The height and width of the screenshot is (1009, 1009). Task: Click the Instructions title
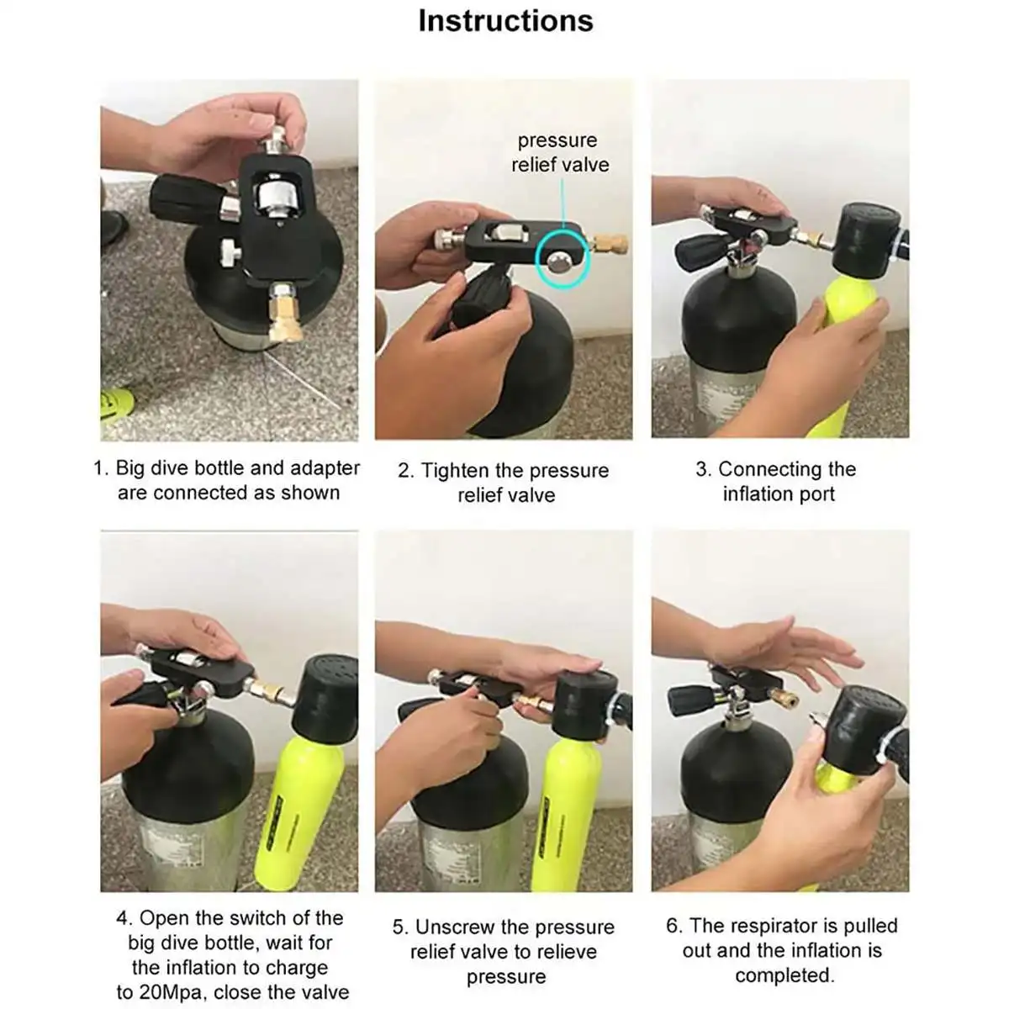505,22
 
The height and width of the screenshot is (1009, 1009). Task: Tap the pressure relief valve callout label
560,152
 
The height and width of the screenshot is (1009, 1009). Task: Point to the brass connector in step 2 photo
610,244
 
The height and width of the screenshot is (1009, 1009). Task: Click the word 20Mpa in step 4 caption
173,992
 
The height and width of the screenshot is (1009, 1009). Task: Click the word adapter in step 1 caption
325,468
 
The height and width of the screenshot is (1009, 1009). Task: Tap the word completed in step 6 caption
784,975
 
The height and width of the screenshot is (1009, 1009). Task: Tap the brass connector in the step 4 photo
269,690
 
